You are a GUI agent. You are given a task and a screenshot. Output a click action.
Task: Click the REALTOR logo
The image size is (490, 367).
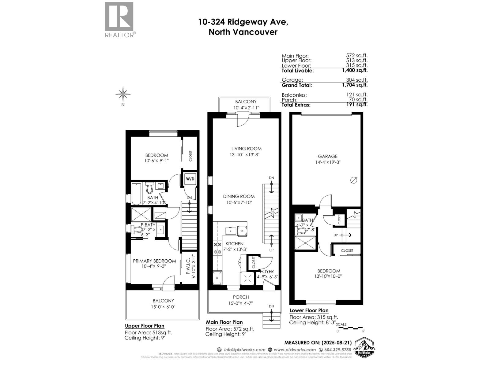119,19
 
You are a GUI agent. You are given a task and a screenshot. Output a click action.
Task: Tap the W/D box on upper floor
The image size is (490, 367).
190,179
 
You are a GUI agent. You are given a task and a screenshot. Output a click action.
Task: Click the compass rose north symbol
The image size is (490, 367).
123,95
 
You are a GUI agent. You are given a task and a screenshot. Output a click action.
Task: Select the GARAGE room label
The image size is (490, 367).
328,156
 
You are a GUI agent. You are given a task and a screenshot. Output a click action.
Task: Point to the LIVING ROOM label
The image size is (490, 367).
246,149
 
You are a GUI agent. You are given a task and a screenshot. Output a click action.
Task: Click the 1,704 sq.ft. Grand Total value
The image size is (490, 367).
355,85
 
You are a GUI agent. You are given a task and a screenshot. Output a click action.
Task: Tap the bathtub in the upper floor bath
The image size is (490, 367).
136,194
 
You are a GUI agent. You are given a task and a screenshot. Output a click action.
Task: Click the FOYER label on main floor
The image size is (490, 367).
267,272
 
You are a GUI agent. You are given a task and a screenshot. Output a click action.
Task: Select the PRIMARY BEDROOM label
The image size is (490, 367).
154,261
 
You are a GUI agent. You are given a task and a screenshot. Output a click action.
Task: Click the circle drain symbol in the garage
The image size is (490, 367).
353,180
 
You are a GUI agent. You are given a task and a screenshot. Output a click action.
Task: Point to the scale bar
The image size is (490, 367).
350,328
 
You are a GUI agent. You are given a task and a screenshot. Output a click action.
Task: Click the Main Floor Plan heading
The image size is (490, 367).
224,322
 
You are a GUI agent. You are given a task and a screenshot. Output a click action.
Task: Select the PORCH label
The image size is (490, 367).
241,297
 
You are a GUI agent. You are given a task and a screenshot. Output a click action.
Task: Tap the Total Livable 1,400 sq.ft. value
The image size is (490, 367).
355,70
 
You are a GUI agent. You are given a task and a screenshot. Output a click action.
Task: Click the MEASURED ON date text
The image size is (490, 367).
318,343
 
